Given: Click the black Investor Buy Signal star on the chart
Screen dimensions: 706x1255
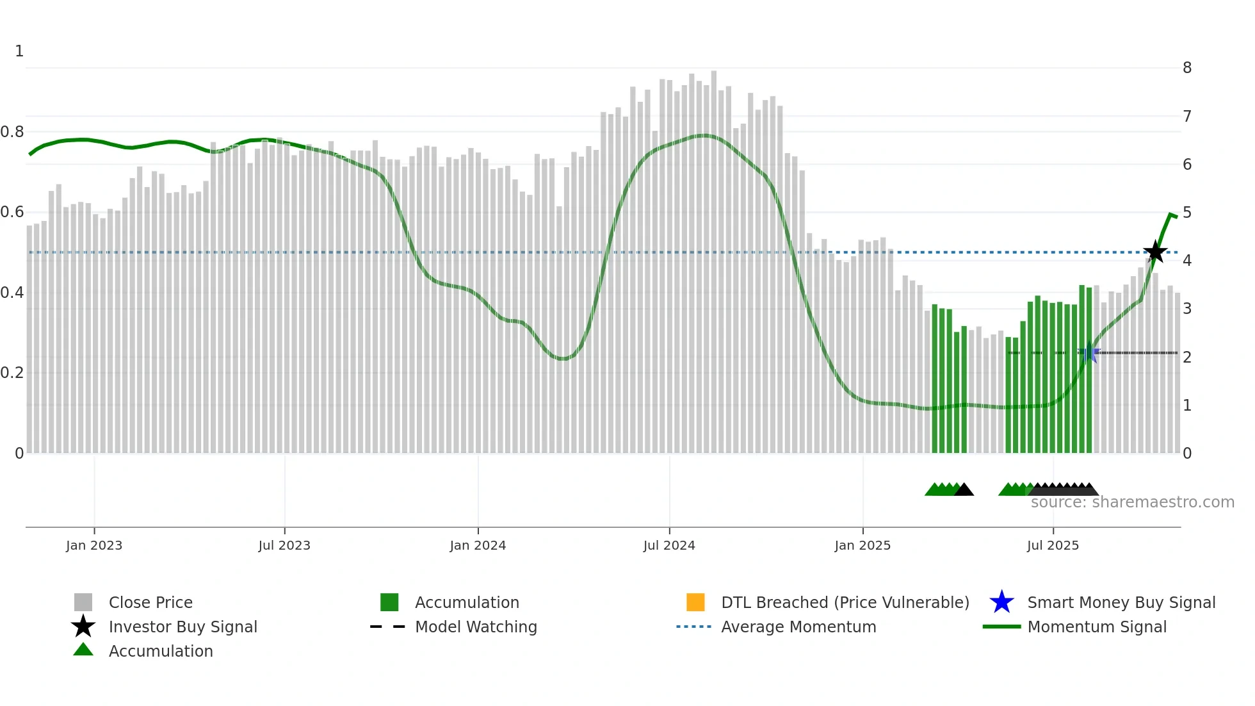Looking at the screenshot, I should (1155, 252).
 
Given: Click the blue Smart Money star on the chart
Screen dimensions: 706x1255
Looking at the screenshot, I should (1089, 352).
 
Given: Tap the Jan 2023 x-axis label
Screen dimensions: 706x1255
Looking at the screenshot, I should (94, 545).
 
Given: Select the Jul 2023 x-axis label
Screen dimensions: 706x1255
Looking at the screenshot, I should (284, 545).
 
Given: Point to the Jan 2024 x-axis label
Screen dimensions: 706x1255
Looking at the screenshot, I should (478, 545).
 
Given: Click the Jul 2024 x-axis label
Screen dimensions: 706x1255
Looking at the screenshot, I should (669, 545).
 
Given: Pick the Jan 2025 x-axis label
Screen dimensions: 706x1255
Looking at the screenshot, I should (862, 545).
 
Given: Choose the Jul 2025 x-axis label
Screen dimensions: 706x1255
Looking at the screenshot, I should (1053, 545).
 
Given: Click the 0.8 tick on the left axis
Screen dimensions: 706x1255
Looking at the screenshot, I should (12, 132).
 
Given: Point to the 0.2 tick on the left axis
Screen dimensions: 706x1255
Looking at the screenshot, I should (12, 373).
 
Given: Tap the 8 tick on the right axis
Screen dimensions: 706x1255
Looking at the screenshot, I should (1187, 68).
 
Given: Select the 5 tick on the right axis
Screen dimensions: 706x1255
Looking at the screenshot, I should (1187, 213).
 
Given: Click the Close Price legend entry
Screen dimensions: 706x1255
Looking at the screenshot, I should (150, 602).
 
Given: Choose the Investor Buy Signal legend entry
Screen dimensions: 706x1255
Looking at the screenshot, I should (182, 627).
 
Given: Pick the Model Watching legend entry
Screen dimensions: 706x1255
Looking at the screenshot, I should (476, 627).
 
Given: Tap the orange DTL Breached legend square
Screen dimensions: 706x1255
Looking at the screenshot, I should (695, 602).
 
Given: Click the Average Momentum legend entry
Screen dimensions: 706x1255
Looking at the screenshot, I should (798, 627).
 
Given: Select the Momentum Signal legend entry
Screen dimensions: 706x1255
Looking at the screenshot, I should (1097, 627).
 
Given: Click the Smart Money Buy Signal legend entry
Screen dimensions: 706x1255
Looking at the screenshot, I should (1121, 602).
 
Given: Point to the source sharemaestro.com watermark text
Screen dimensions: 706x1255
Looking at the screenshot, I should (1132, 502).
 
